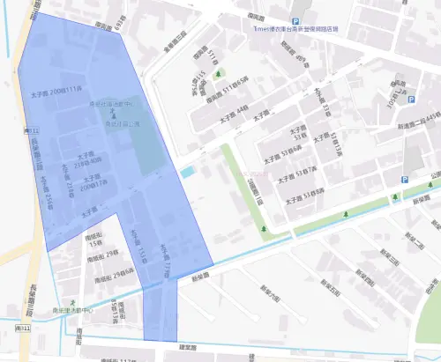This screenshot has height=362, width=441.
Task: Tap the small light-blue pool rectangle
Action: (188, 171)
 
